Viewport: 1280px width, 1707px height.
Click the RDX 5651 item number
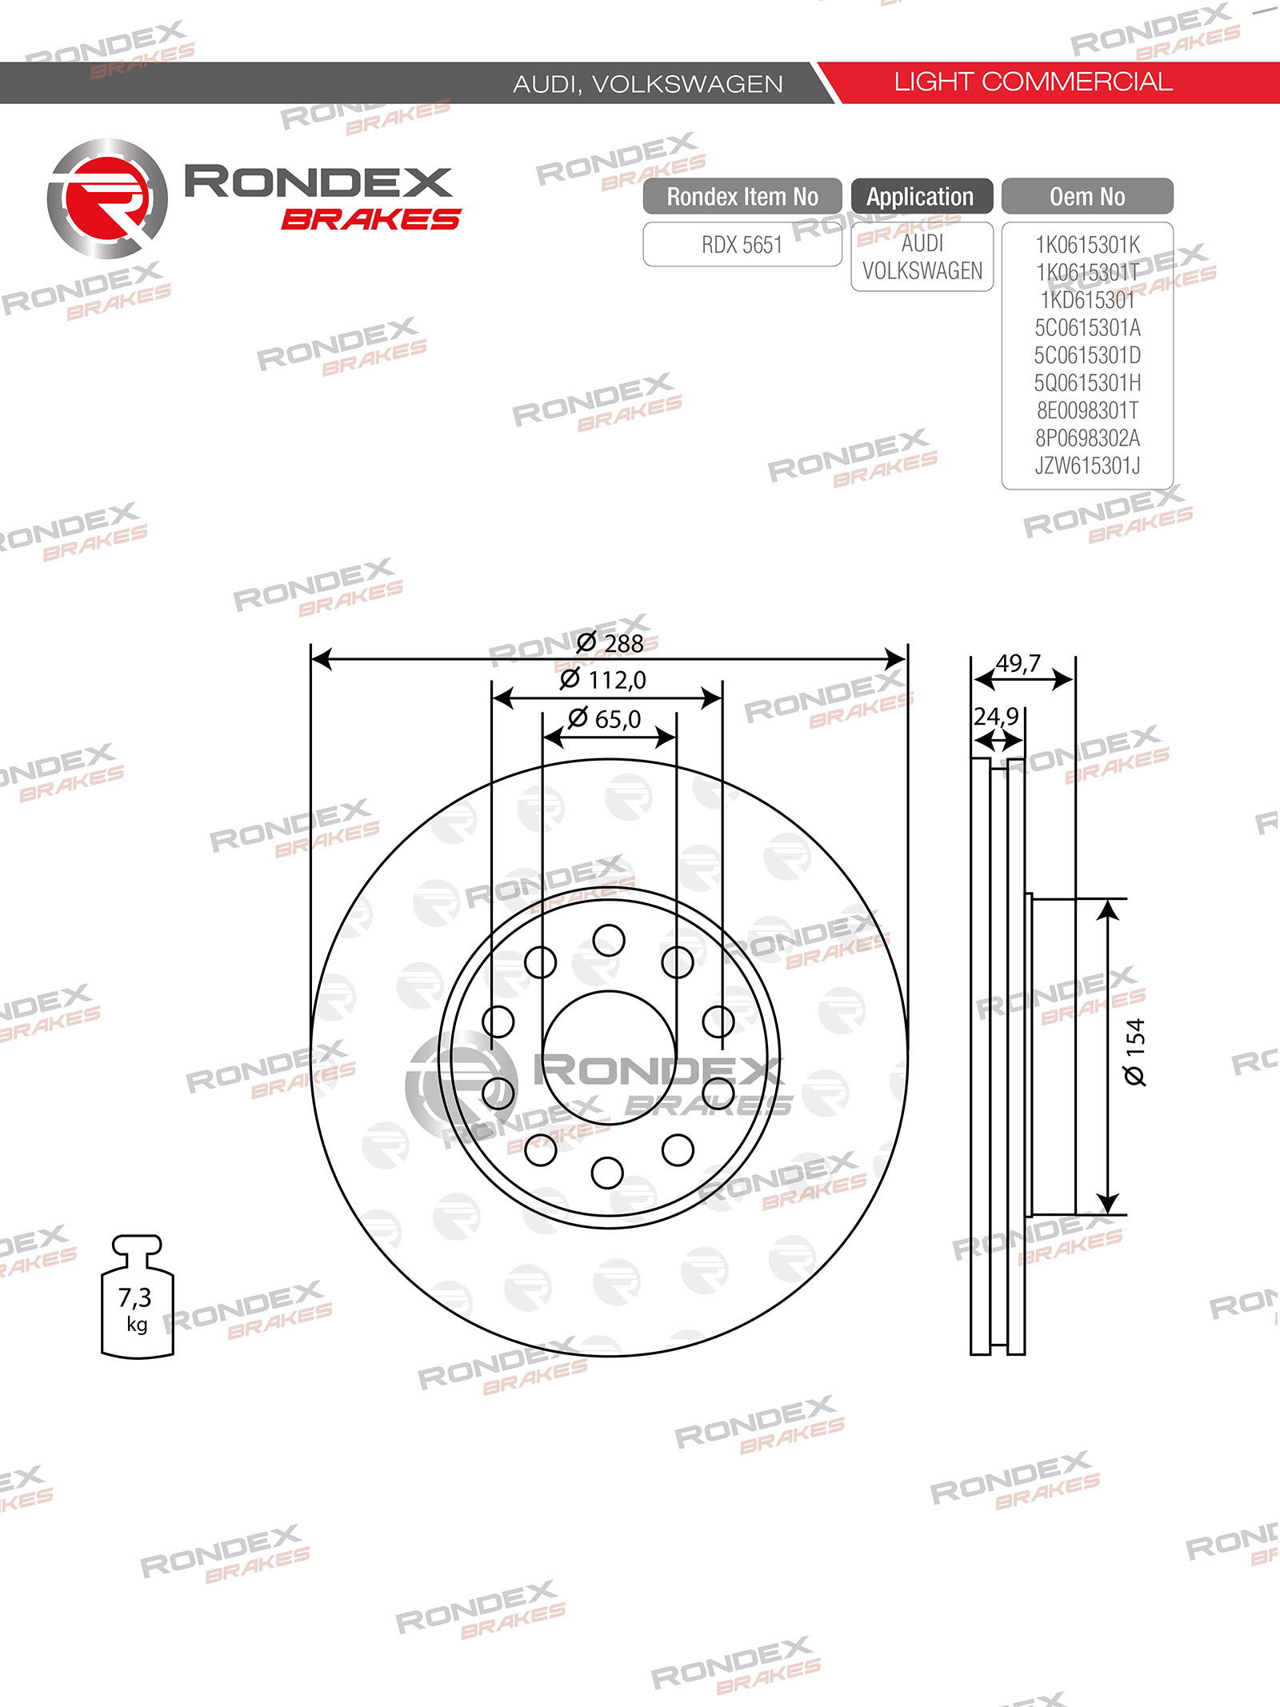coord(742,245)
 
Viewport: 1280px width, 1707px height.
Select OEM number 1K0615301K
coord(1087,245)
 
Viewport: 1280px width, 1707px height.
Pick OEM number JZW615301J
coord(1087,466)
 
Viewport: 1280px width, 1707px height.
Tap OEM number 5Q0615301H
coord(1087,383)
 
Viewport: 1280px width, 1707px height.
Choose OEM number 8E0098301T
coord(1087,410)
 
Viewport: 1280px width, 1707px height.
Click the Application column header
coord(921,197)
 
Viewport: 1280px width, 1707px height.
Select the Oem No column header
coord(1087,197)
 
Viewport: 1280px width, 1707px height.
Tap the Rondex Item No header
coord(742,197)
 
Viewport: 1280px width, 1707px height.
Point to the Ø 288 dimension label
coord(610,643)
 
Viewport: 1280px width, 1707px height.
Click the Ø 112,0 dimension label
coord(603,680)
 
